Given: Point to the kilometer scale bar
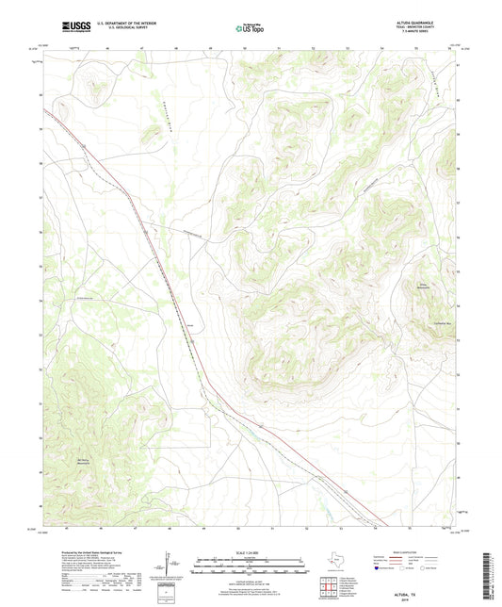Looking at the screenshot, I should [x=251, y=563].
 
